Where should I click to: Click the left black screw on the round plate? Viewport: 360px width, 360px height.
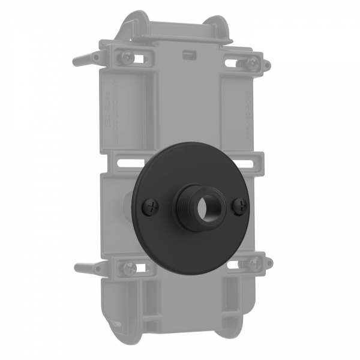pos(149,208)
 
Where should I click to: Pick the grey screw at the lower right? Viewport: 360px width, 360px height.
pos(254,262)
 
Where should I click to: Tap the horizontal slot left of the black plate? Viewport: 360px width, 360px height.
pos(127,162)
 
